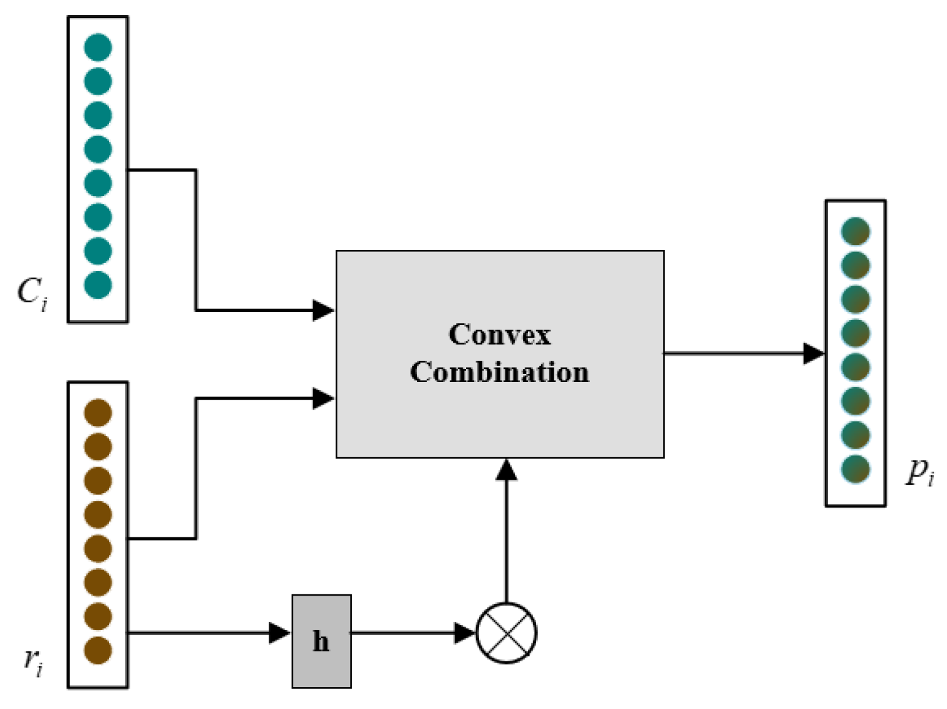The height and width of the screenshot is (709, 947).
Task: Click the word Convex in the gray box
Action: pyautogui.click(x=499, y=334)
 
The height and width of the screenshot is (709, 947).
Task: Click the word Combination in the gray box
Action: pyautogui.click(x=499, y=372)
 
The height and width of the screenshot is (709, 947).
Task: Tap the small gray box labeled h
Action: pyautogui.click(x=321, y=641)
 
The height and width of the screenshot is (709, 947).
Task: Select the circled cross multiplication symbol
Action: pyautogui.click(x=506, y=633)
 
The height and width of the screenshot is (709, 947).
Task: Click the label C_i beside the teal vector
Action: pyautogui.click(x=31, y=292)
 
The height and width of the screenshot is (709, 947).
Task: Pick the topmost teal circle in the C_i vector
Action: pyautogui.click(x=98, y=48)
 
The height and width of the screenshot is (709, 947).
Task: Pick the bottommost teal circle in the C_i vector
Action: pyautogui.click(x=98, y=285)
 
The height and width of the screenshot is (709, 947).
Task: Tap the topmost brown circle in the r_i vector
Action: pyautogui.click(x=98, y=413)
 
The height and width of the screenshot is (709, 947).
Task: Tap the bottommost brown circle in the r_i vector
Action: pyautogui.click(x=98, y=650)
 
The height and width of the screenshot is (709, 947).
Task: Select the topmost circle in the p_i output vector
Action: pyautogui.click(x=856, y=231)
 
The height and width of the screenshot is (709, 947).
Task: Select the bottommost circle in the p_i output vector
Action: pyautogui.click(x=856, y=469)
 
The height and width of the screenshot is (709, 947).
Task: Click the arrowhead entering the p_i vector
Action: pyautogui.click(x=814, y=353)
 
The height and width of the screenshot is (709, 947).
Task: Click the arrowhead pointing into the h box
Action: pyautogui.click(x=279, y=633)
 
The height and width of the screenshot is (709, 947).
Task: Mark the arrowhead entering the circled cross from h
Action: pyautogui.click(x=465, y=633)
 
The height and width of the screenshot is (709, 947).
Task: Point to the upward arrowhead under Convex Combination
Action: pyautogui.click(x=506, y=470)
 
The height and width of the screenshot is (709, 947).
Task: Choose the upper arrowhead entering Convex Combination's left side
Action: pyautogui.click(x=323, y=310)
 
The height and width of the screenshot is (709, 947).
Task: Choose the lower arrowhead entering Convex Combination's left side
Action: pyautogui.click(x=323, y=398)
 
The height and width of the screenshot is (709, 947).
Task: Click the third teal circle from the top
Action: pyautogui.click(x=98, y=115)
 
